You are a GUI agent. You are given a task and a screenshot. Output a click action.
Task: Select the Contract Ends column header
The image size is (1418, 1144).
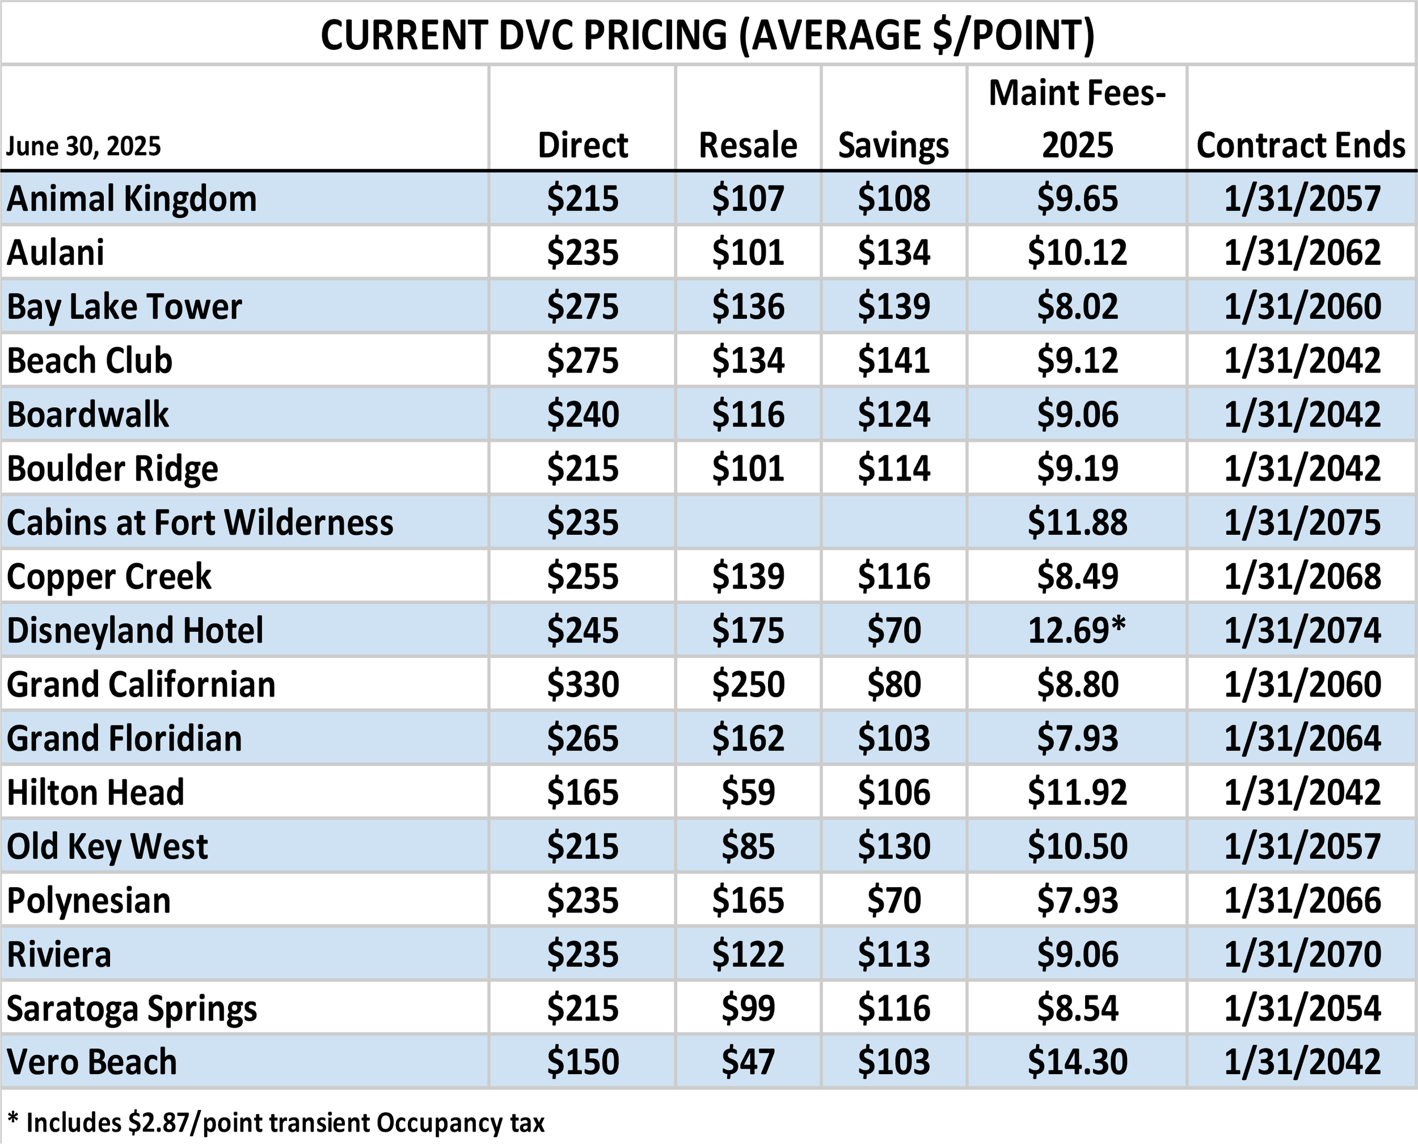(x=1301, y=145)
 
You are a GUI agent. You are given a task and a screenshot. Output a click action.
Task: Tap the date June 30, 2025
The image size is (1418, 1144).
(x=84, y=146)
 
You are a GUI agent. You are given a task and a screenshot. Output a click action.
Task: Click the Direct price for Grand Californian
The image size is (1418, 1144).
(x=583, y=684)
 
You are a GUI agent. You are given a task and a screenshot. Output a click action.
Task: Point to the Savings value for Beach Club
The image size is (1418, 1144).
(x=893, y=361)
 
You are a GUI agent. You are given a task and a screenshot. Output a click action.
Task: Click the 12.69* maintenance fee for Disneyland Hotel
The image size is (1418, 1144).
(x=1077, y=630)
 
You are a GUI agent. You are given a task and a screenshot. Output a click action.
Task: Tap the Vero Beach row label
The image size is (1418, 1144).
(x=92, y=1062)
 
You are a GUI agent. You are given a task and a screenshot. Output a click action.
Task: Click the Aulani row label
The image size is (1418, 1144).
(x=56, y=253)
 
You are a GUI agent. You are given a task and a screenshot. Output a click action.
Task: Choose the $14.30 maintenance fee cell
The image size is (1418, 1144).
(x=1077, y=1062)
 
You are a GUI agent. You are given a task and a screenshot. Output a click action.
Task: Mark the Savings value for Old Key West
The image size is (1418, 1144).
(x=893, y=846)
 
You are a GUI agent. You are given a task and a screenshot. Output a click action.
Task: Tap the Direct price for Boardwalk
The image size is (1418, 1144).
(x=583, y=415)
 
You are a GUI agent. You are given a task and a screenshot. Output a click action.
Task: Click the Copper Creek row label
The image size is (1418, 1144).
(x=109, y=577)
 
